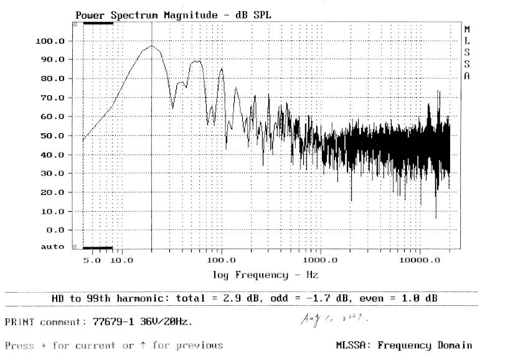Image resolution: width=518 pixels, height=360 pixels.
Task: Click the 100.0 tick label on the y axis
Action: pos(52,41)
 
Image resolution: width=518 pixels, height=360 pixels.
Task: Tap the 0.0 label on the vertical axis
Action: pos(57,230)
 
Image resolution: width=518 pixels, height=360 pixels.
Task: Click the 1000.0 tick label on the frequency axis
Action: pos(320,259)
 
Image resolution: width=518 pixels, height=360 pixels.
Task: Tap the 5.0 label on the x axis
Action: pos(92,259)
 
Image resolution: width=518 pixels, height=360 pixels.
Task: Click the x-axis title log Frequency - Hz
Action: pos(266,275)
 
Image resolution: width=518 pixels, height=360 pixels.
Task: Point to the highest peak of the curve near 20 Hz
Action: pos(152,45)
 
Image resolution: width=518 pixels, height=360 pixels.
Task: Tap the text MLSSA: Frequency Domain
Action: pos(404,345)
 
